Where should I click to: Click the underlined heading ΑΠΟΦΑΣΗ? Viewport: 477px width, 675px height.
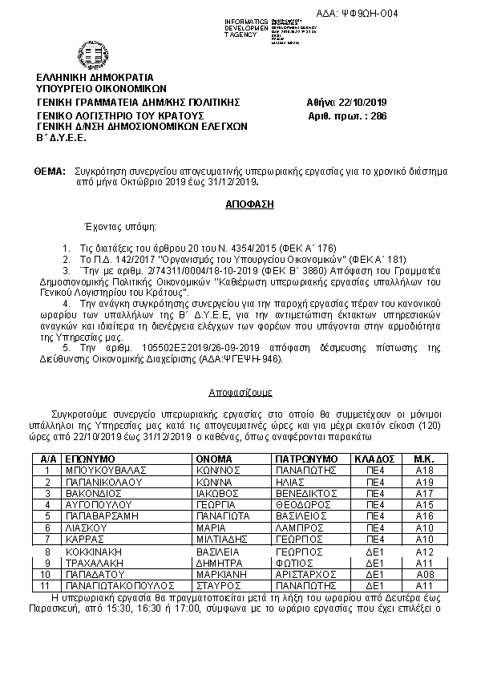[250, 204]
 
